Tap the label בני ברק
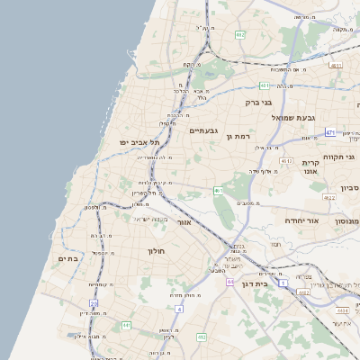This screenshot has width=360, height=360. click(259, 103)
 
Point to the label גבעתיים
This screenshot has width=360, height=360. click(204, 130)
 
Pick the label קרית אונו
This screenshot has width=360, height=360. click(311, 166)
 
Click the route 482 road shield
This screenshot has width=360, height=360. click(239, 34)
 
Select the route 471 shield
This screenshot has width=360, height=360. click(330, 132)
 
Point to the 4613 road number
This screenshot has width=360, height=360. click(287, 160)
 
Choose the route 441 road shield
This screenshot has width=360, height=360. click(126, 325)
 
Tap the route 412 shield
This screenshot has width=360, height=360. click(202, 337)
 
